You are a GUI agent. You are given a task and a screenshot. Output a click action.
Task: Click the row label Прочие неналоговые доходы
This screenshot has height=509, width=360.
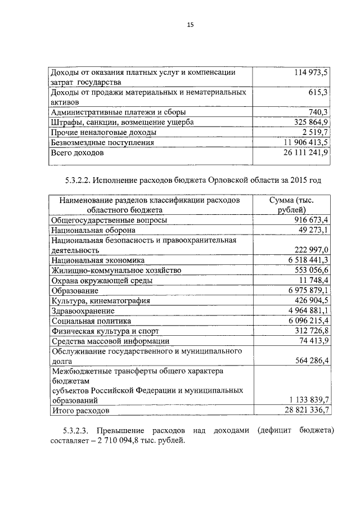point(103,132)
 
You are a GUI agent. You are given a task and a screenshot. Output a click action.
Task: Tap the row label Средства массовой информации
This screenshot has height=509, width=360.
point(110,341)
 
